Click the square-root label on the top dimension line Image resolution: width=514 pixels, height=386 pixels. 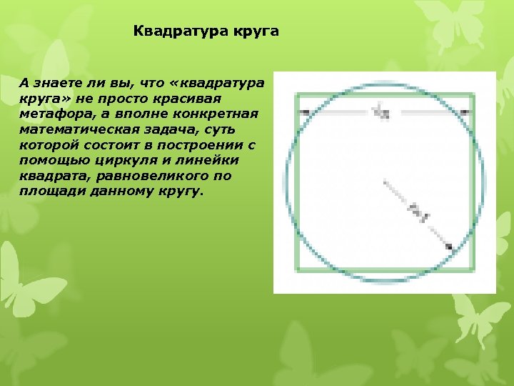[383, 112]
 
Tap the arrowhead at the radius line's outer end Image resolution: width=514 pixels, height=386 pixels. [449, 247]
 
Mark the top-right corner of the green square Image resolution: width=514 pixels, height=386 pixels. [472, 94]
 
